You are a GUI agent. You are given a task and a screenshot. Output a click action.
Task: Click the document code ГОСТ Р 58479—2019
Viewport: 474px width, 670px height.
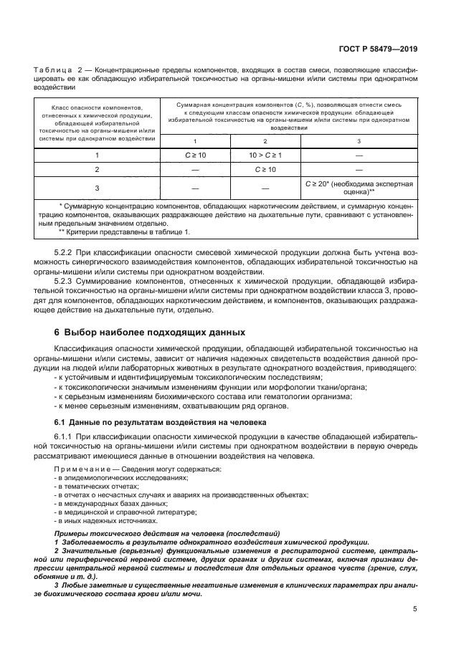pyautogui.click(x=380, y=49)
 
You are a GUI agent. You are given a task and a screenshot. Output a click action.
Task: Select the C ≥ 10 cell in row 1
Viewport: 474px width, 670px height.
pyautogui.click(x=195, y=154)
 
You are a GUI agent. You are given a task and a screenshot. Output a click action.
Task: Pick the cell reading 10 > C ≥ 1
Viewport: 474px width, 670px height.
pyautogui.click(x=265, y=154)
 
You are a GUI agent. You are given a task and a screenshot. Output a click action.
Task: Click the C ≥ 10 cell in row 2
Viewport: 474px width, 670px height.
pyautogui.click(x=265, y=170)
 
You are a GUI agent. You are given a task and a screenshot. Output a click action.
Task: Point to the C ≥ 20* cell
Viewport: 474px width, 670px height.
pyautogui.click(x=359, y=188)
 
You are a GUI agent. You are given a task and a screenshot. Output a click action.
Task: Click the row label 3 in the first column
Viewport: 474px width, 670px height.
pyautogui.click(x=97, y=188)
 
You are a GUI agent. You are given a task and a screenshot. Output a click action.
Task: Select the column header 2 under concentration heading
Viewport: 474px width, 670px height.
pyautogui.click(x=265, y=141)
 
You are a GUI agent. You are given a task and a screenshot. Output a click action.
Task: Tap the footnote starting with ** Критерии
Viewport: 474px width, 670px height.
pyautogui.click(x=115, y=232)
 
